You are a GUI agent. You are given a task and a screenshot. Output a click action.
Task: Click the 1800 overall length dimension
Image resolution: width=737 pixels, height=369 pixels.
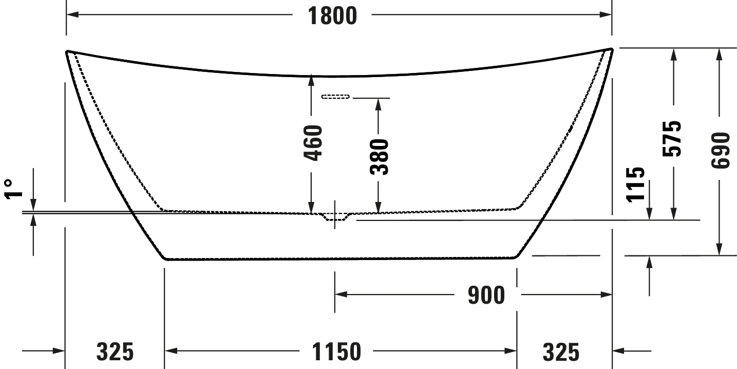(x=332, y=16)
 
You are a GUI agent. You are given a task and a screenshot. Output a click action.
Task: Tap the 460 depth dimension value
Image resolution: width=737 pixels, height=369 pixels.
(x=313, y=143)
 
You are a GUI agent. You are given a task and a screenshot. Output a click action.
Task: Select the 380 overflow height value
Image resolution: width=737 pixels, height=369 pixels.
(x=380, y=157)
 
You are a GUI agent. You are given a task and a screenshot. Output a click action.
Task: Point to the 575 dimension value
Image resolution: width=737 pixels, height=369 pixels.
(x=672, y=139)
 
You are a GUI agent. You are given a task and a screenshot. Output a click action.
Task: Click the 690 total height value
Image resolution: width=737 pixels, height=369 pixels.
(x=721, y=151)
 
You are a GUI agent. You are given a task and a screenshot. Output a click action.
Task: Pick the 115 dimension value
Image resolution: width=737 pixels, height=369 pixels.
(x=635, y=184)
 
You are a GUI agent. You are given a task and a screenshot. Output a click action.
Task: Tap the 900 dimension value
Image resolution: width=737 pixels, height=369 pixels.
(x=486, y=296)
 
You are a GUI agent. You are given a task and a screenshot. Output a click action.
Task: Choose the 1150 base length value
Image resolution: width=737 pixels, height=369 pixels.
(x=336, y=352)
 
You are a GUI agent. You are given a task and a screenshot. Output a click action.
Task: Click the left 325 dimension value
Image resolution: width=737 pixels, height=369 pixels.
(x=115, y=352)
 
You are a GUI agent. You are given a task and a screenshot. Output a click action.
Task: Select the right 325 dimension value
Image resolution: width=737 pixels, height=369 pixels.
(x=561, y=352)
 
